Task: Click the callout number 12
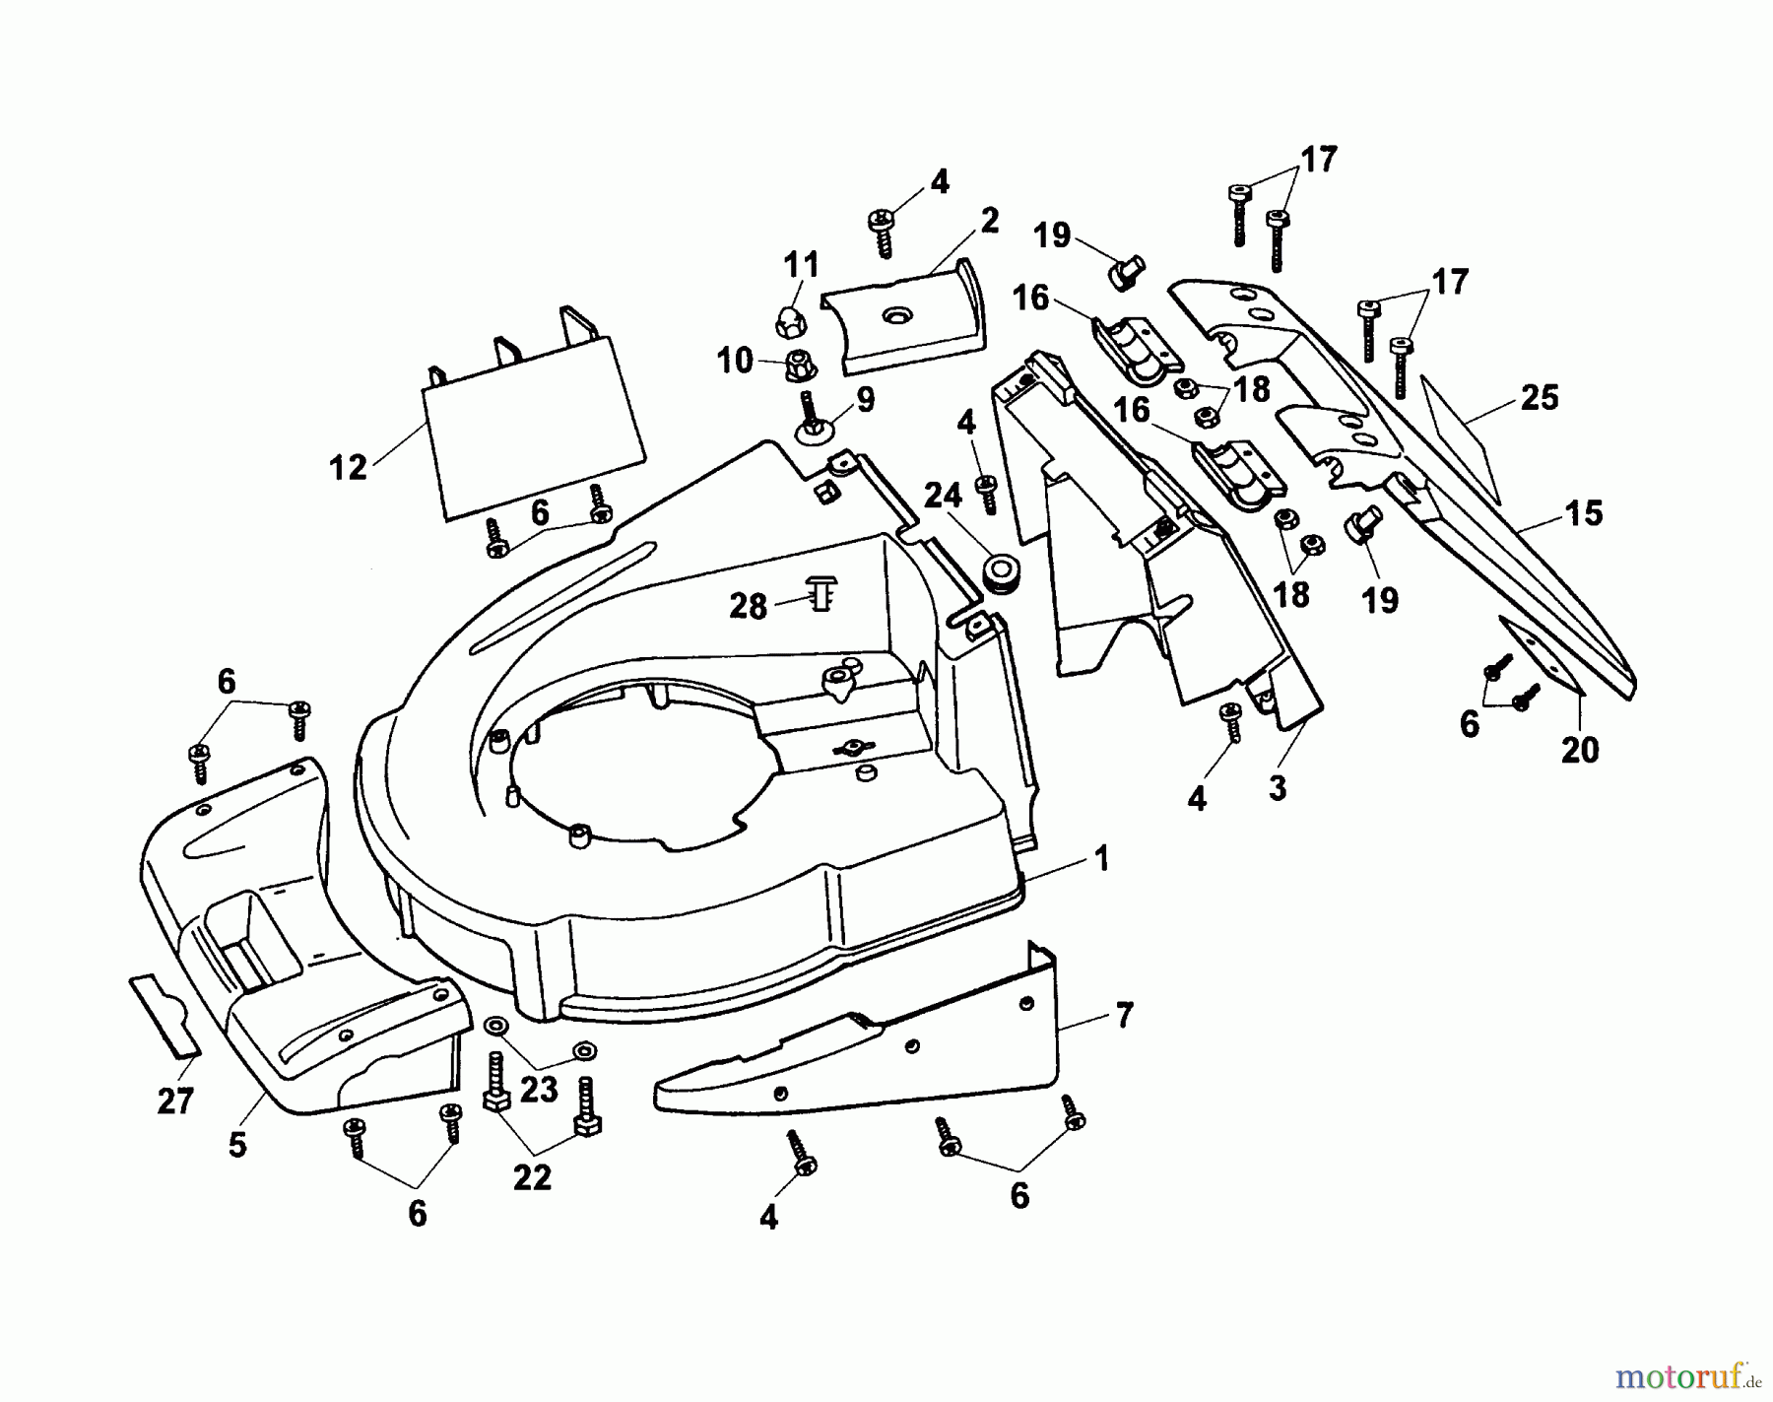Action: coord(348,467)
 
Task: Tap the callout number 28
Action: coord(749,606)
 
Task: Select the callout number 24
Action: coord(943,498)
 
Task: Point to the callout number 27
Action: coord(175,1100)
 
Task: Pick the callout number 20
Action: coord(1580,750)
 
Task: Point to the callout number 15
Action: coord(1584,513)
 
